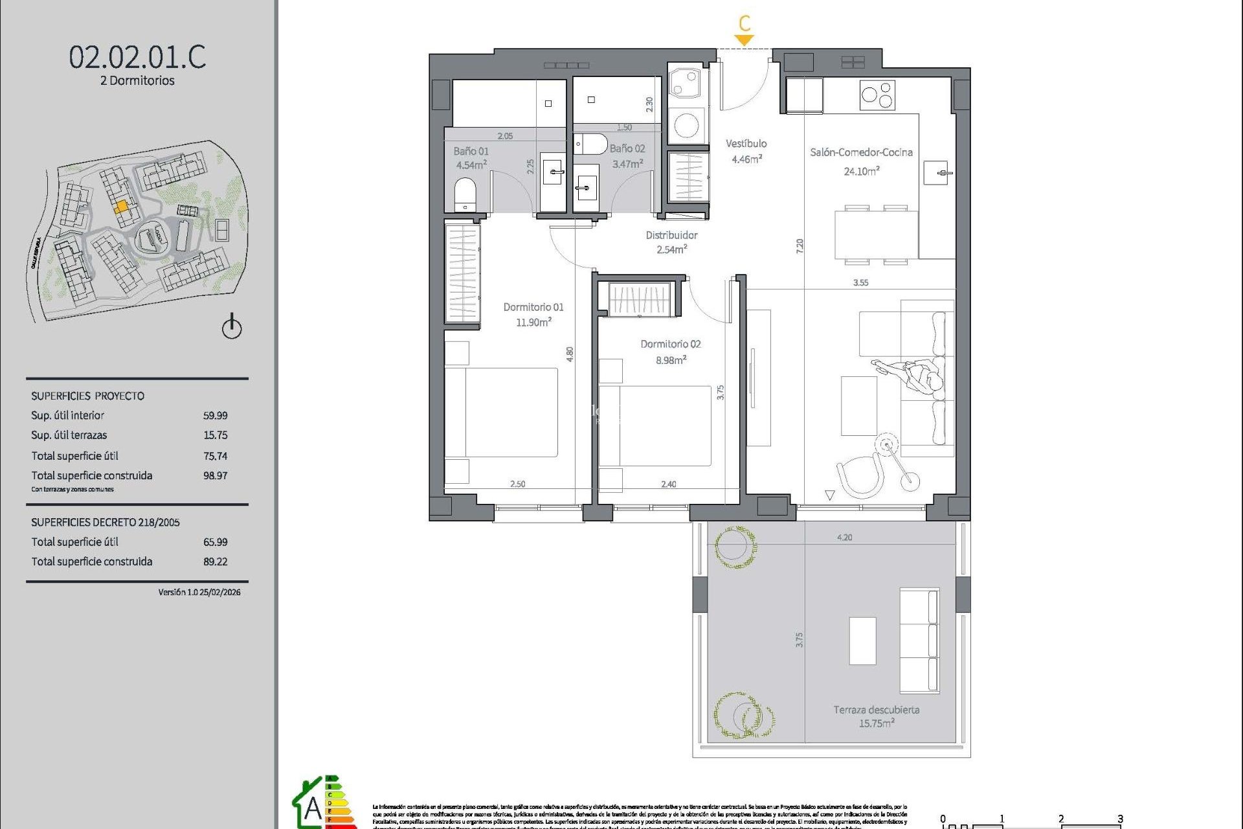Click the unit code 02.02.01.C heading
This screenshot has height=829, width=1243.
pyautogui.click(x=137, y=57)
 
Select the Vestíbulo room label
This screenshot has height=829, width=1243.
pyautogui.click(x=746, y=144)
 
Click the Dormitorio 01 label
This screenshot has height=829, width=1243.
pyautogui.click(x=533, y=307)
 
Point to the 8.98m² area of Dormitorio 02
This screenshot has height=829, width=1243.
pyautogui.click(x=670, y=360)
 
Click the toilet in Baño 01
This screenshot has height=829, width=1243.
pyautogui.click(x=465, y=194)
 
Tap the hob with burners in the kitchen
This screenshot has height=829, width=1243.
pyautogui.click(x=877, y=96)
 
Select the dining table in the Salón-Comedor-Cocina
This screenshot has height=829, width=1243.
pyautogui.click(x=876, y=234)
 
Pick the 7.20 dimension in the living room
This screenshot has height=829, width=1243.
pyautogui.click(x=800, y=245)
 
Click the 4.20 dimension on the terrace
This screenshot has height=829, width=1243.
pyautogui.click(x=844, y=538)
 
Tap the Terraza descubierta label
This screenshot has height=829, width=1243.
pyautogui.click(x=876, y=710)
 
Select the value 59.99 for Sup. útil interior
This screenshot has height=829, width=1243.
pyautogui.click(x=215, y=416)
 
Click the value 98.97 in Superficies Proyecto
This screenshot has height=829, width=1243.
pyautogui.click(x=215, y=475)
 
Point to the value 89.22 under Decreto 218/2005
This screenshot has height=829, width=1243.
pyautogui.click(x=215, y=562)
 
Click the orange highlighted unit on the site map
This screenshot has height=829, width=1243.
pyautogui.click(x=121, y=207)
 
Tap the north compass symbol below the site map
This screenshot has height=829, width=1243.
pyautogui.click(x=232, y=327)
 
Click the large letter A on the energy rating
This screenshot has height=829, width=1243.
pyautogui.click(x=313, y=808)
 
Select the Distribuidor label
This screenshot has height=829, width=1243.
pyautogui.click(x=671, y=235)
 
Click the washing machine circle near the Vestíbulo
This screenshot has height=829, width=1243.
pyautogui.click(x=686, y=126)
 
